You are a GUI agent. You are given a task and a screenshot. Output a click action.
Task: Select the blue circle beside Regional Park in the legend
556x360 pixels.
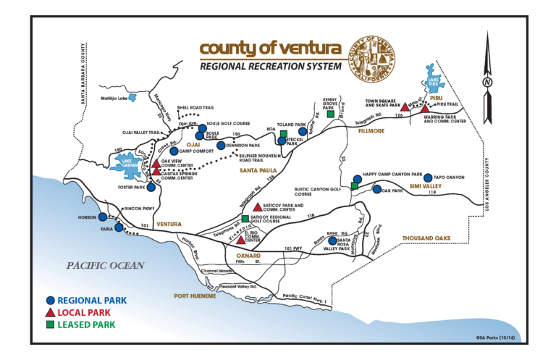click(x=49, y=300)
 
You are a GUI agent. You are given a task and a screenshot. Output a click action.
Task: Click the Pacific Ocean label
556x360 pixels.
click(x=105, y=265)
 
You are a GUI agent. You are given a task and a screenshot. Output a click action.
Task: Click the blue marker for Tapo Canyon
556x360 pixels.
click(x=428, y=177)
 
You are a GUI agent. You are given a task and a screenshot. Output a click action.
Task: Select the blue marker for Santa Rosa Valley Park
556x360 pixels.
click(x=332, y=240)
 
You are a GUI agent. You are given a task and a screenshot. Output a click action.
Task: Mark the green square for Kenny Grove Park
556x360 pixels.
click(x=330, y=114)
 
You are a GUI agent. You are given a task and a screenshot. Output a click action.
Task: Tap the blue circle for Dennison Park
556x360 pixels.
click(x=221, y=145)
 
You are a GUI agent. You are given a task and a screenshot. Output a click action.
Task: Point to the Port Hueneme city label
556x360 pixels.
click(x=195, y=296)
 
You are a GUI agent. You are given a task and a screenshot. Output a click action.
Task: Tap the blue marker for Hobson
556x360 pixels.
click(x=103, y=217)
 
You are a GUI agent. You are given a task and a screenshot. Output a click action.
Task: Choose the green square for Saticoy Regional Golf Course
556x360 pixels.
click(x=245, y=218)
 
